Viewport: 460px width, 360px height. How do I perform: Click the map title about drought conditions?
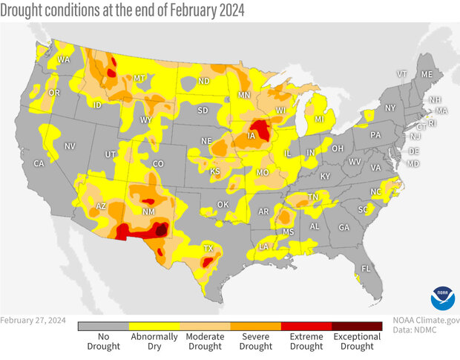[x=122, y=10]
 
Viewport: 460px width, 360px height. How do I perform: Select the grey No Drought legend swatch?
[x=103, y=326]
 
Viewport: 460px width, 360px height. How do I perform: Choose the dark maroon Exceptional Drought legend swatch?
[x=357, y=326]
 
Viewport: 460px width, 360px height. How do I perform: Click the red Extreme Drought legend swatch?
[x=306, y=326]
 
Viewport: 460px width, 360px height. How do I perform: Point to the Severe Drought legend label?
[x=255, y=341]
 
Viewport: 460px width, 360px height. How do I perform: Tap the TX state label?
[x=208, y=249]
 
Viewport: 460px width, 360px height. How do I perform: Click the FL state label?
[x=365, y=268]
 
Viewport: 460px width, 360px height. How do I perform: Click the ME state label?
[x=426, y=75]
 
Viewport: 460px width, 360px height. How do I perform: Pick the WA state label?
[x=64, y=59]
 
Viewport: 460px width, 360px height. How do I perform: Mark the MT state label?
[x=139, y=78]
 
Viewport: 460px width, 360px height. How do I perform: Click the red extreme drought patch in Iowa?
[x=260, y=127]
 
